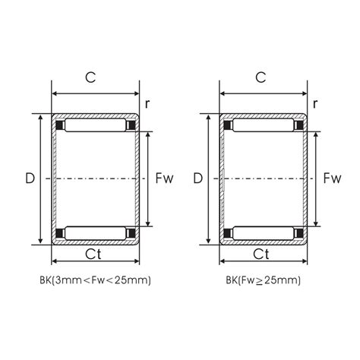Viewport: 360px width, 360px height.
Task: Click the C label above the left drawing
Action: [90, 77]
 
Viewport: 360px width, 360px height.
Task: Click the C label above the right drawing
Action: [261, 77]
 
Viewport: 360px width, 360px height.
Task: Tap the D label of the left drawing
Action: [30, 178]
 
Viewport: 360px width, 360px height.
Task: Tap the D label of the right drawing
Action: [198, 178]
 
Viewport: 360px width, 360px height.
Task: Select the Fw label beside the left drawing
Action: [165, 178]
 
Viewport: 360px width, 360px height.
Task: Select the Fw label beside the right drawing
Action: [333, 178]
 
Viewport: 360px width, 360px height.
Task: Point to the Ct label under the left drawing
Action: [93, 254]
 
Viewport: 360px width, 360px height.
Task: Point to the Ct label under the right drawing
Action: [261, 254]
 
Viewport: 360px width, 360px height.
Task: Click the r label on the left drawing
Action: [147, 104]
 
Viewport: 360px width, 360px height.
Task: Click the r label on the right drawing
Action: [315, 104]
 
